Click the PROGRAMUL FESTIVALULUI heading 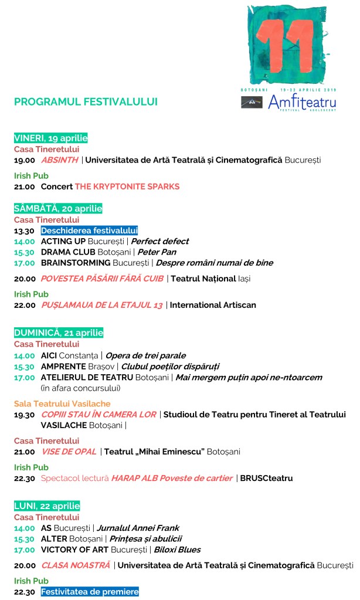(x=86, y=101)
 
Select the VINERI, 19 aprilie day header (x=50, y=138)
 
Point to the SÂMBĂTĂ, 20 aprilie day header (x=58, y=208)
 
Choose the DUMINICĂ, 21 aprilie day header (x=59, y=333)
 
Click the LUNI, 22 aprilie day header (x=47, y=506)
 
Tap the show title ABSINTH (x=59, y=160)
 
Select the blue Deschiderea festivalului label (x=89, y=230)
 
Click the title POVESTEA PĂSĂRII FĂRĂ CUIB (x=102, y=279)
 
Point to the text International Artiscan (x=213, y=305)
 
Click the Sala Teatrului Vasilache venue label (x=62, y=404)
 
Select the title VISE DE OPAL (x=69, y=452)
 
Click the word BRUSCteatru (x=266, y=478)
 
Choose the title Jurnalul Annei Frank (x=138, y=528)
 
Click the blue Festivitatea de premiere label (x=90, y=592)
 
